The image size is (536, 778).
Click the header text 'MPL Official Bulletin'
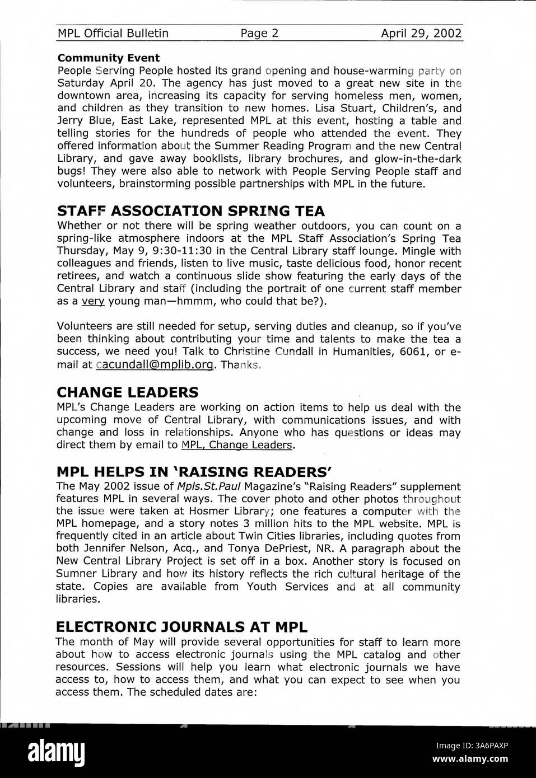point(113,34)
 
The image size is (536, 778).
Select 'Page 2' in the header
point(259,34)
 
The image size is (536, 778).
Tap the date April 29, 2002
point(421,34)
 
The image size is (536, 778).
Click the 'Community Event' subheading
point(108,58)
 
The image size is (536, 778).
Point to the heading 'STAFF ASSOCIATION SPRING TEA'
point(190,211)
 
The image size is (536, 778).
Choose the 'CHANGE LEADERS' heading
point(127,392)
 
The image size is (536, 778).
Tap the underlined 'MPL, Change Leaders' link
point(237,446)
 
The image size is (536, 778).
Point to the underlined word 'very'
point(93,302)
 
